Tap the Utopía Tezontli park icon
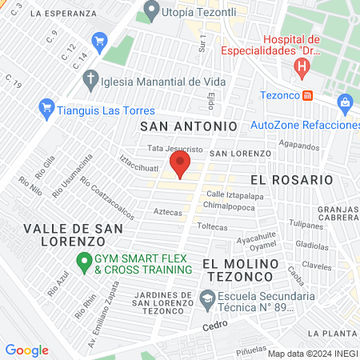click(x=150, y=11)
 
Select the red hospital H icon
click(x=302, y=69)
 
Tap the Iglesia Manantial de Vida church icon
click(x=91, y=81)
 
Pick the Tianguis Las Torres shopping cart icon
click(x=46, y=106)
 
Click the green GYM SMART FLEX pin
click(x=82, y=262)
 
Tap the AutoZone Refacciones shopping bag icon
click(x=345, y=102)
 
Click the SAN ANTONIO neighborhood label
click(x=189, y=126)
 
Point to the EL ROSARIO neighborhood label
click(x=291, y=180)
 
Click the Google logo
click(x=27, y=350)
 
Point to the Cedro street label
click(x=215, y=326)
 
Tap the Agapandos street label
click(x=300, y=146)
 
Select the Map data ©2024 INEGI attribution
click(x=312, y=354)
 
